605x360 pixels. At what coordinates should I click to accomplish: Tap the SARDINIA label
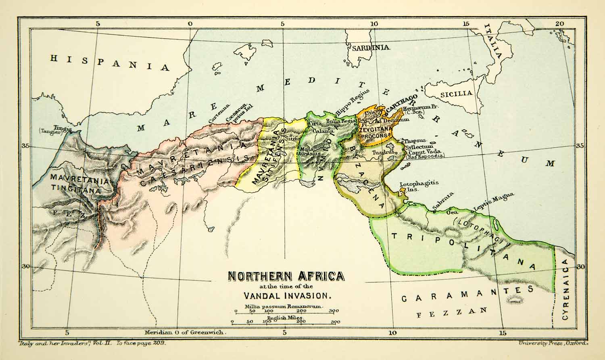click(x=370, y=48)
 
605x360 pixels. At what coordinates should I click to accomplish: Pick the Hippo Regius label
click(x=352, y=106)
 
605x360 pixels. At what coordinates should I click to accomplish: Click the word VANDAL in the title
click(x=263, y=295)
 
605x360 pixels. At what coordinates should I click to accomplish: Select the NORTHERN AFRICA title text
click(x=286, y=276)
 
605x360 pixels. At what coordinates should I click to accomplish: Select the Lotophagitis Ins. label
click(x=413, y=186)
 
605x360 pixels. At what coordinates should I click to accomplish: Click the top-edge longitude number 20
click(x=559, y=24)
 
